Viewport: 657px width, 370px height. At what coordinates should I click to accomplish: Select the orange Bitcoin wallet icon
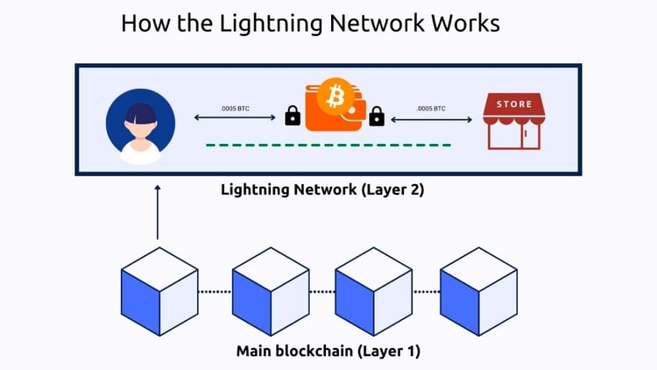[334, 106]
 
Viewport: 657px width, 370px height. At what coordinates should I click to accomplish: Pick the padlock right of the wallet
[377, 116]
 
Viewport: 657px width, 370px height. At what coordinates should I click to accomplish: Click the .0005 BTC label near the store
[431, 108]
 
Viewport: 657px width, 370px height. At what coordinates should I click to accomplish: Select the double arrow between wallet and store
[431, 117]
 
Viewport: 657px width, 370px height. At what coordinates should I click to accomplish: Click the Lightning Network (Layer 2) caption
[321, 189]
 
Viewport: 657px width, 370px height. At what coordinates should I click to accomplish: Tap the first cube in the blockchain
[158, 285]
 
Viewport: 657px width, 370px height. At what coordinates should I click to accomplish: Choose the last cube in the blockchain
[477, 285]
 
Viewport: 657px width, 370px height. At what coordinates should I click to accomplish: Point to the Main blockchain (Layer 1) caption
[328, 352]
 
